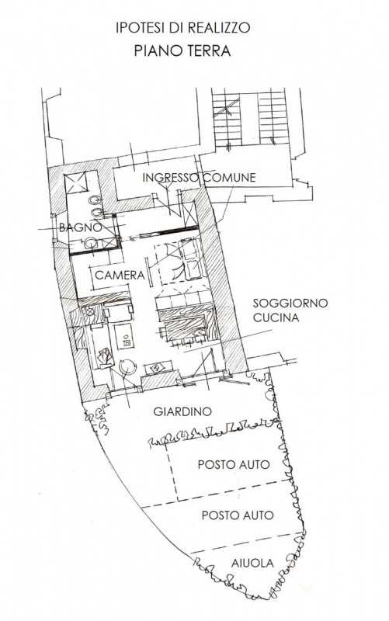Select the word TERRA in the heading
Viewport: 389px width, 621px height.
tap(210, 51)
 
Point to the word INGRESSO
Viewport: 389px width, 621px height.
tap(170, 178)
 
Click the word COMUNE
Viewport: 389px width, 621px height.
tap(229, 178)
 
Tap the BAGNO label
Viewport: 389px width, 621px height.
tap(81, 227)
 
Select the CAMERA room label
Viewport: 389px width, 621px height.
tap(120, 275)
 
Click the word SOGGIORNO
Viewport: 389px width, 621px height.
tap(290, 303)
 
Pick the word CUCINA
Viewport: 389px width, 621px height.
tap(276, 317)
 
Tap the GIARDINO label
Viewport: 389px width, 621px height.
tap(182, 411)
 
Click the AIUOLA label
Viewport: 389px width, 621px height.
tap(252, 563)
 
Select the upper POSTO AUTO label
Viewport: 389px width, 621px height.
tap(234, 464)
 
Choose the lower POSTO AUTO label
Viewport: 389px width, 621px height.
tap(238, 515)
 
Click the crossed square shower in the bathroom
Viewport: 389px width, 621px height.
tap(76, 183)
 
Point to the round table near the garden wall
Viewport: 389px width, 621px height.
tap(128, 367)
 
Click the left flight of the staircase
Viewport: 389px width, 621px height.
tap(227, 120)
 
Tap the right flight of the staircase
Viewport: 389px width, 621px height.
tap(273, 119)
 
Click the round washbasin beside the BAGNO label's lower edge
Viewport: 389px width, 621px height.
tap(91, 243)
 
